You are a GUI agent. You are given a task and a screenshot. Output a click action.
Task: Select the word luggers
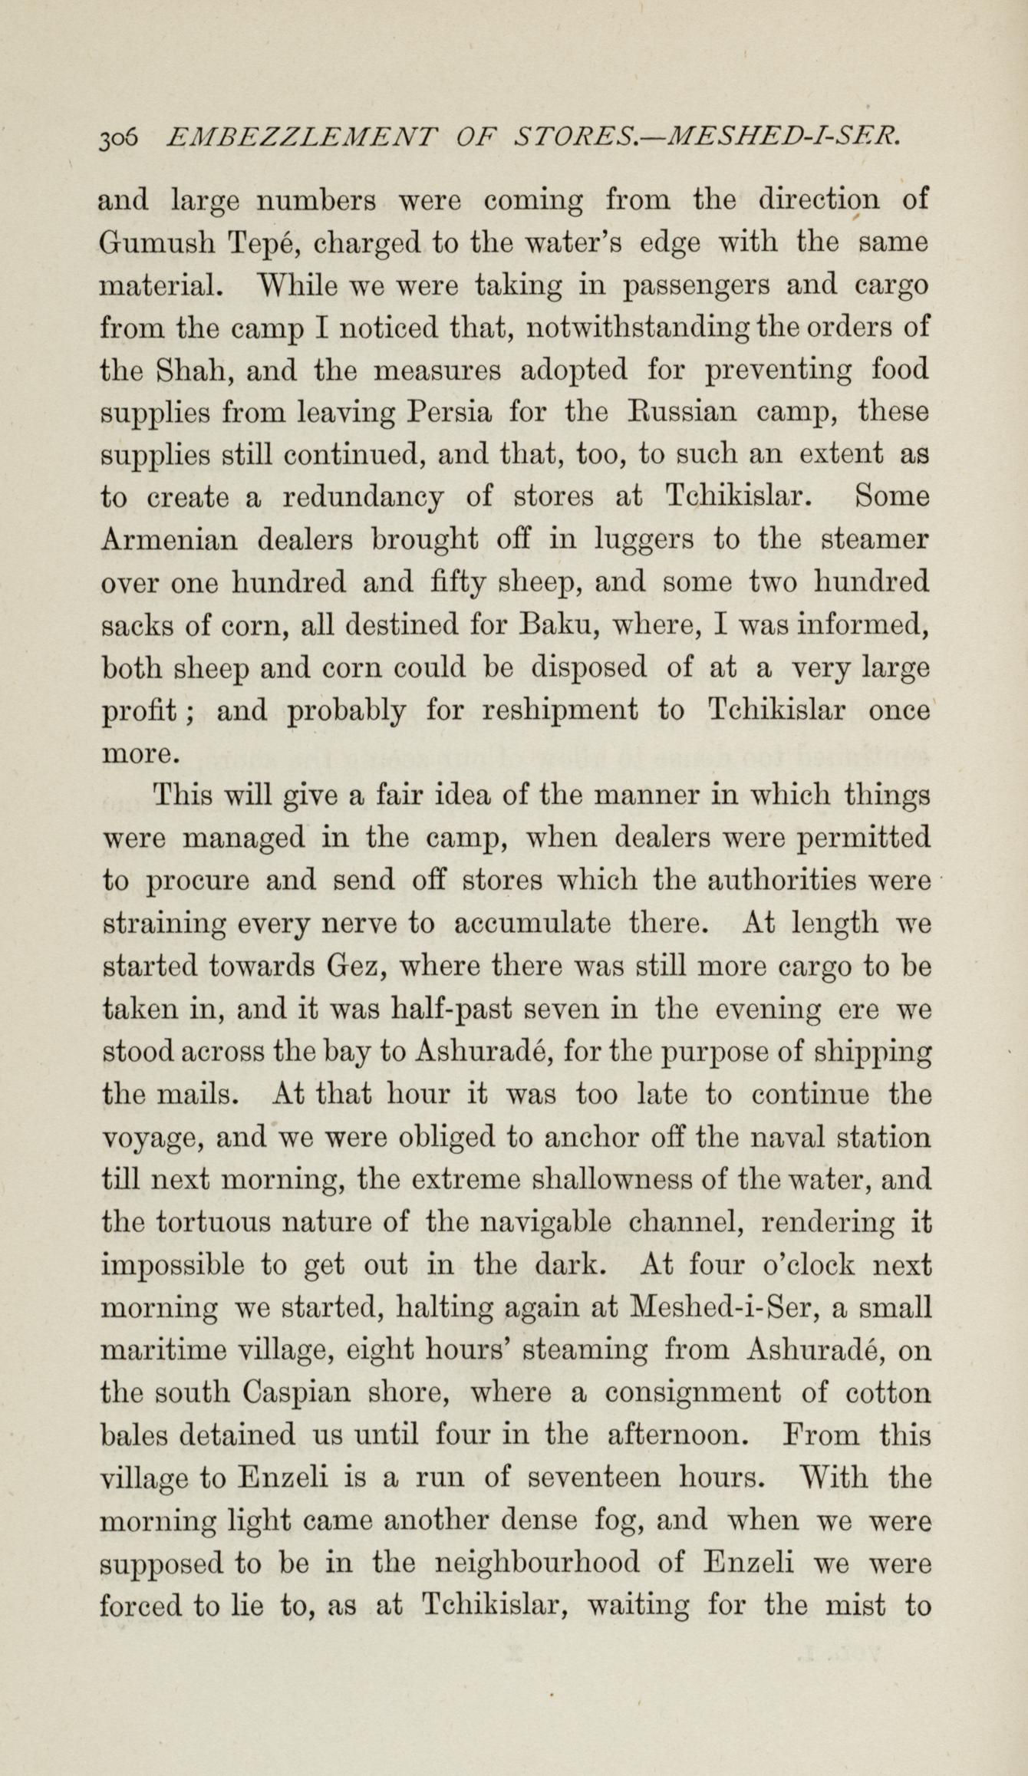coord(644,542)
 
